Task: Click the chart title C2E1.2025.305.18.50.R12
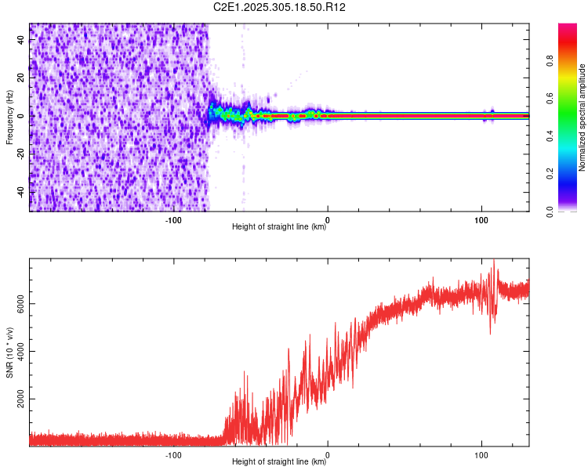tap(280, 7)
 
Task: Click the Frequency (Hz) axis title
tap(9, 117)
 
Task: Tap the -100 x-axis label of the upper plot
tap(173, 220)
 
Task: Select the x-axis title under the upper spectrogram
tap(279, 228)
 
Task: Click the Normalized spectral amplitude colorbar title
tap(582, 117)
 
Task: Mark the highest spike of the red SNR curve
tap(494, 261)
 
